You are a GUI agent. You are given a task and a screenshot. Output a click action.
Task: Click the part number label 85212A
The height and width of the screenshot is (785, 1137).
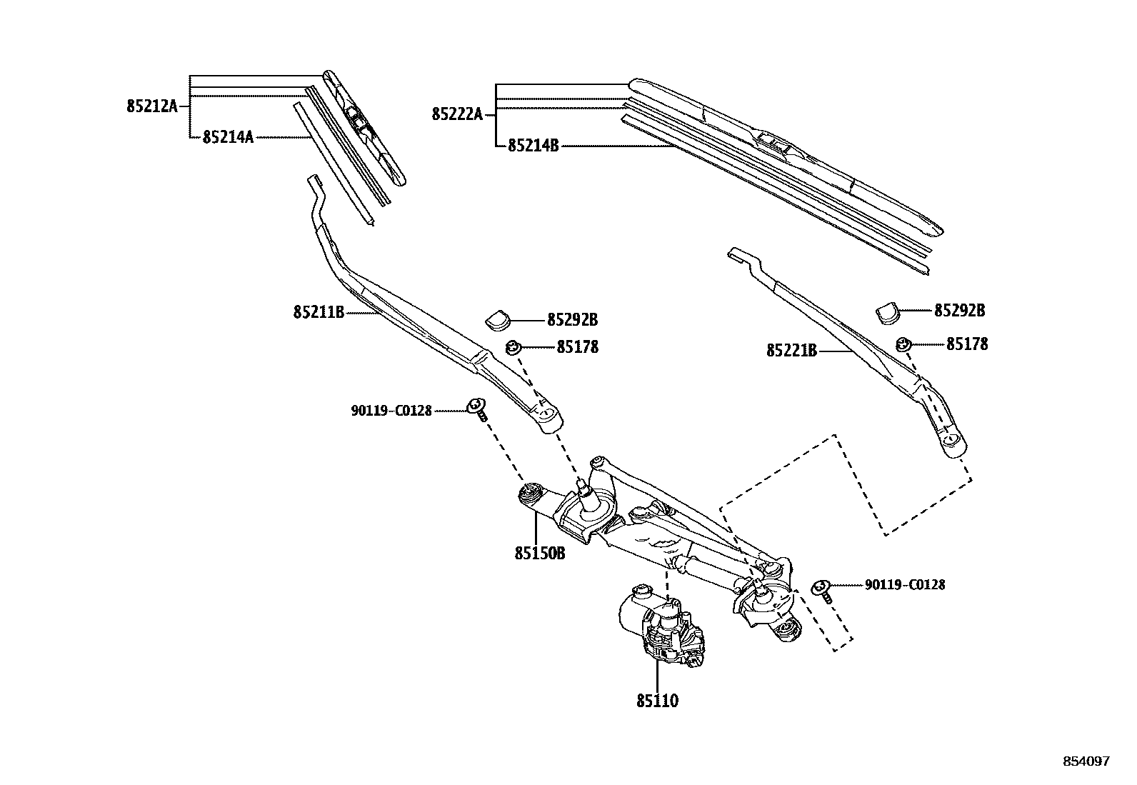tap(151, 106)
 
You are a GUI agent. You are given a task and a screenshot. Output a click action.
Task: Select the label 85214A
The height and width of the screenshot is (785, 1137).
tap(228, 136)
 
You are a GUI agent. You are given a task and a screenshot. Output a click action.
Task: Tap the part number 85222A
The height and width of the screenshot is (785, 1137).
tap(457, 114)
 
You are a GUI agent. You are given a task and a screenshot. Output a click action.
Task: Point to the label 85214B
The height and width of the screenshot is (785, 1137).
tap(533, 146)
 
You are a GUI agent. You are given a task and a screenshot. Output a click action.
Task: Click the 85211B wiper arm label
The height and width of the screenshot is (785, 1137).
tap(319, 312)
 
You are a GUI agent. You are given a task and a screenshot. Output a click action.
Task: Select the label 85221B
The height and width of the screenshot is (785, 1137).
tap(791, 351)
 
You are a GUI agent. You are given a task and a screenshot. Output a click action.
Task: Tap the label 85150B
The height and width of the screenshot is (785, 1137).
tap(539, 553)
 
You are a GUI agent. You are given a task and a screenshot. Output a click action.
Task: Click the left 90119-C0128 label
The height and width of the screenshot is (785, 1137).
tap(391, 411)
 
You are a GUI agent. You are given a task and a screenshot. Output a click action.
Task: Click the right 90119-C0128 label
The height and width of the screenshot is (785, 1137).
tap(905, 585)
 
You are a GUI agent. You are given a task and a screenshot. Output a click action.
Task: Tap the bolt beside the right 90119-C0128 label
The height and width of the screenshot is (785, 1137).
tap(822, 590)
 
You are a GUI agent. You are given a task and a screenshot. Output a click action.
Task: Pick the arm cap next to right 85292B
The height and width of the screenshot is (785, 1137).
tap(887, 311)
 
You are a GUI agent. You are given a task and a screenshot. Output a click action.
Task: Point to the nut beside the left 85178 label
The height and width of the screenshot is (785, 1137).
tap(513, 348)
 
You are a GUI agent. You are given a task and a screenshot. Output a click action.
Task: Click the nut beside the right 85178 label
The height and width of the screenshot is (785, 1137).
tap(903, 344)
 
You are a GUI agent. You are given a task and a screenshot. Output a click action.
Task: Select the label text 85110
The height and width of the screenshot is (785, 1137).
tap(657, 701)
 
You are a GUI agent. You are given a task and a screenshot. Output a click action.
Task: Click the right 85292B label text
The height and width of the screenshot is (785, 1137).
tap(959, 311)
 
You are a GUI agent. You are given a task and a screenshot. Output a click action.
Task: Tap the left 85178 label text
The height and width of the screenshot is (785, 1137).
tap(577, 347)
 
